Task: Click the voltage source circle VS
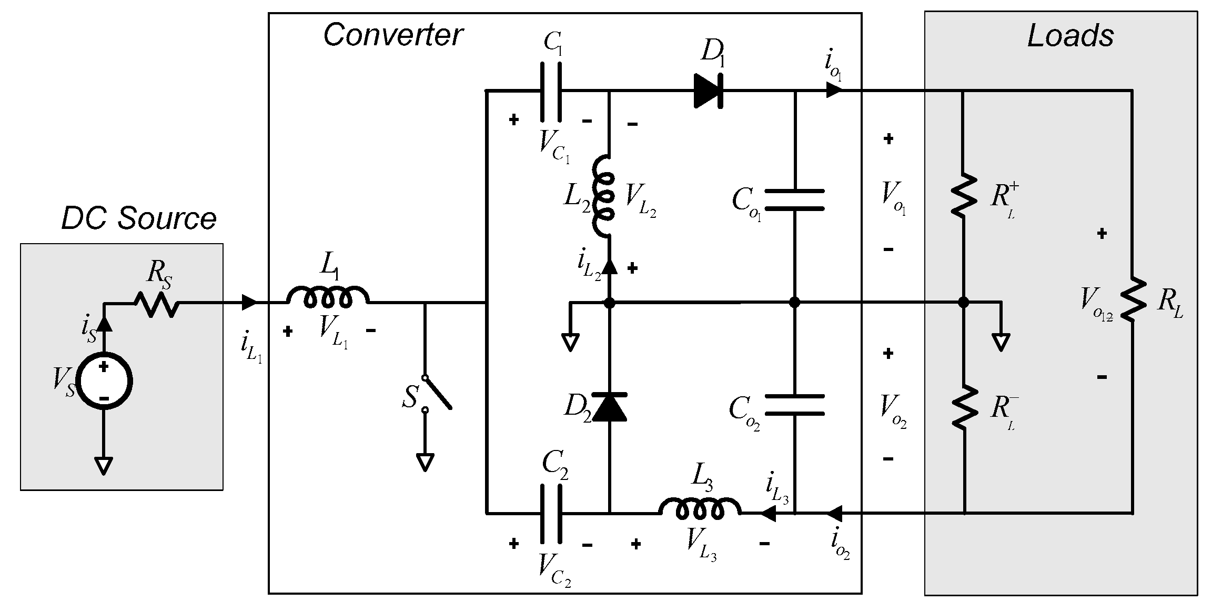click(x=104, y=382)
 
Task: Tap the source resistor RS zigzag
click(x=156, y=304)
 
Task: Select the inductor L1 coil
click(x=328, y=298)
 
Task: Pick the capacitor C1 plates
click(x=551, y=92)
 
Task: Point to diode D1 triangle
click(x=708, y=91)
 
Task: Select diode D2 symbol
click(x=610, y=407)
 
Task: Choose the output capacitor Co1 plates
click(x=794, y=199)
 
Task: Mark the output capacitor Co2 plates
click(x=794, y=405)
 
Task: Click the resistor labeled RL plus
click(x=964, y=195)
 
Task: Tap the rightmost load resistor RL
click(x=1131, y=300)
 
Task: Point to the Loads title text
click(x=1070, y=36)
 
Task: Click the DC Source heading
click(x=138, y=218)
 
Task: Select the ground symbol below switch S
click(x=425, y=462)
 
